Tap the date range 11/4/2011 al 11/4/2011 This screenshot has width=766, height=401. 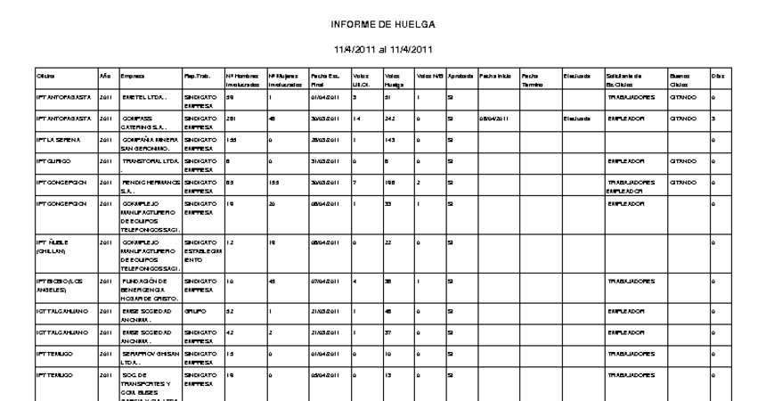pyautogui.click(x=382, y=50)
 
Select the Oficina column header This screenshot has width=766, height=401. pyautogui.click(x=45, y=77)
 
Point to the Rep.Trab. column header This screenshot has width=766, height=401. pyautogui.click(x=195, y=77)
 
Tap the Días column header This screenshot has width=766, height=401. pyautogui.click(x=715, y=77)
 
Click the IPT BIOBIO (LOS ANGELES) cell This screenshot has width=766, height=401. pyautogui.click(x=59, y=284)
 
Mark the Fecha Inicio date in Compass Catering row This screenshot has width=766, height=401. pyautogui.click(x=495, y=118)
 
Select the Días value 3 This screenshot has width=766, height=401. pyautogui.click(x=714, y=118)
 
